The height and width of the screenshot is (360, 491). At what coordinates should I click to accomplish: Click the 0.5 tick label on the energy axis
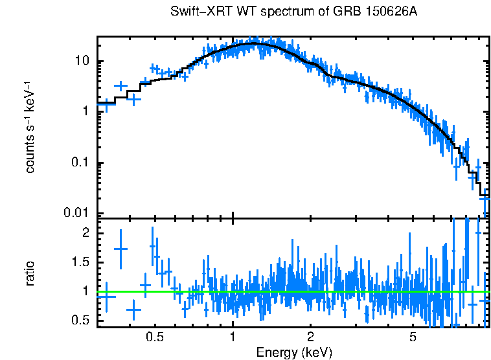pyautogui.click(x=155, y=337)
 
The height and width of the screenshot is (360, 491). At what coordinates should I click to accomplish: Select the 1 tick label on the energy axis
pyautogui.click(x=233, y=337)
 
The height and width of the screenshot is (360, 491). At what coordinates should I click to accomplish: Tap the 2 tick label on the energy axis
pyautogui.click(x=310, y=337)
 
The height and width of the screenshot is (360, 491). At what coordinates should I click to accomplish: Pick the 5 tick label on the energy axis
pyautogui.click(x=413, y=337)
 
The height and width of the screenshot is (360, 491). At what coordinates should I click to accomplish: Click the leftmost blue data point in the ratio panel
pyautogui.click(x=106, y=296)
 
